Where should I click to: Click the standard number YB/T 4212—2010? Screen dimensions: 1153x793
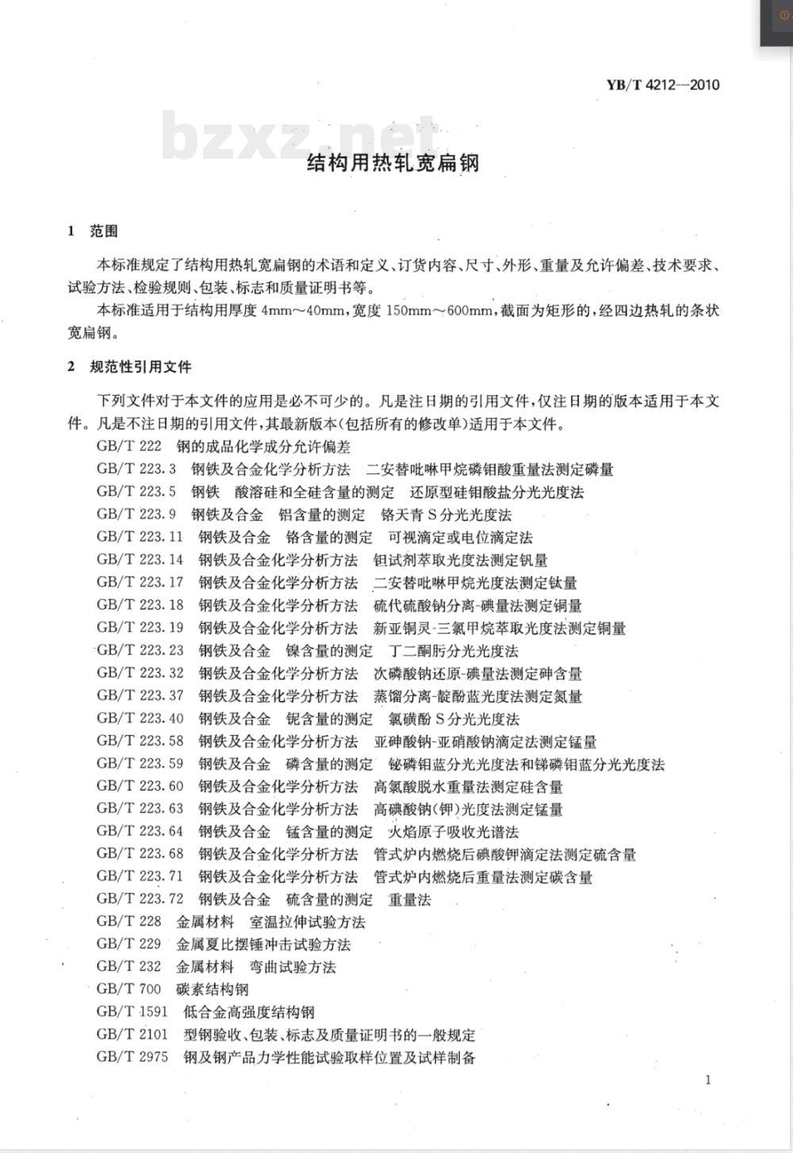pyautogui.click(x=663, y=85)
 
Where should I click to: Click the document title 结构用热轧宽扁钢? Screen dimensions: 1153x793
pyautogui.click(x=393, y=163)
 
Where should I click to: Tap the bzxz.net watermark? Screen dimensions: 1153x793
pyautogui.click(x=300, y=137)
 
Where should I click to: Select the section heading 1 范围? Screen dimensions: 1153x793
pyautogui.click(x=93, y=232)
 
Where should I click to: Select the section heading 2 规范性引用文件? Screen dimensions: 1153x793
pyautogui.click(x=129, y=367)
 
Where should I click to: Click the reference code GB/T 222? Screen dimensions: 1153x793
pyautogui.click(x=128, y=446)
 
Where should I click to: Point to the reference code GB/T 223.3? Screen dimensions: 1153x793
pyautogui.click(x=136, y=469)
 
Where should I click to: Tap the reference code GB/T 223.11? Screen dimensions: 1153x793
pyautogui.click(x=140, y=537)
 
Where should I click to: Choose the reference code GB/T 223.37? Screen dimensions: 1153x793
pyautogui.click(x=140, y=695)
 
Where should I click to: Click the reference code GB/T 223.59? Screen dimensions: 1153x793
pyautogui.click(x=140, y=764)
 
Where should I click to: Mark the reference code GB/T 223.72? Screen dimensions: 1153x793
pyautogui.click(x=140, y=899)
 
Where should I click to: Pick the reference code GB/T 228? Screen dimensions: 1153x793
pyautogui.click(x=128, y=921)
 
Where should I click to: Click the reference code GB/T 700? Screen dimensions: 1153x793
pyautogui.click(x=128, y=989)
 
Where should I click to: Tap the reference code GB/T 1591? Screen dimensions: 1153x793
pyautogui.click(x=132, y=1012)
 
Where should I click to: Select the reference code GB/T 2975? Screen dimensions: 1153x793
pyautogui.click(x=132, y=1057)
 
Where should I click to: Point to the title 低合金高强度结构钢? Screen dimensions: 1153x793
pyautogui.click(x=248, y=1012)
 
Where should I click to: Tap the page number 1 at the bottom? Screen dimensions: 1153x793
pyautogui.click(x=707, y=1079)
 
